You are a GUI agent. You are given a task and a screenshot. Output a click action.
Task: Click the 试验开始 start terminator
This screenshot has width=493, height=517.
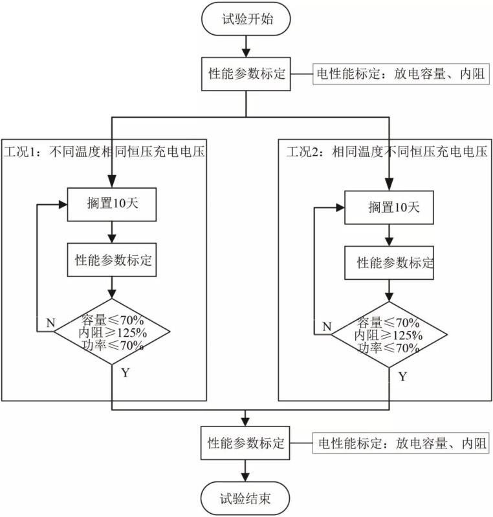click(x=246, y=19)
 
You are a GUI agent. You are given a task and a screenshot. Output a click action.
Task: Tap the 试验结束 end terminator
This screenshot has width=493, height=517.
click(x=246, y=498)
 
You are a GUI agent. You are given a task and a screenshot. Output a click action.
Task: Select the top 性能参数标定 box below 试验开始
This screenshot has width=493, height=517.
click(x=246, y=74)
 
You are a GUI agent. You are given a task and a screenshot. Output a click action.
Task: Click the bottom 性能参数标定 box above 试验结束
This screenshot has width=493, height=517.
click(x=246, y=444)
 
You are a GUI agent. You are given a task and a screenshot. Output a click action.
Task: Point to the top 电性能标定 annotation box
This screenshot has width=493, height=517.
click(x=401, y=74)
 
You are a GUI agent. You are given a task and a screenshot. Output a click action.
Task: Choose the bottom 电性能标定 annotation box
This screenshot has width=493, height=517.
click(x=401, y=444)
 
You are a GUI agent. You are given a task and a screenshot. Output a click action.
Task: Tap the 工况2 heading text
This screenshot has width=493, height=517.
click(x=386, y=153)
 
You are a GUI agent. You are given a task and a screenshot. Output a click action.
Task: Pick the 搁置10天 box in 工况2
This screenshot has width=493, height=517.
click(x=389, y=207)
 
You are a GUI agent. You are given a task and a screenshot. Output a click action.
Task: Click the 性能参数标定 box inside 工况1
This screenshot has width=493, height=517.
click(x=113, y=260)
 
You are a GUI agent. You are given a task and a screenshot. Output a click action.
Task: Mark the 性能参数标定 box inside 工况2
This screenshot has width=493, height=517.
click(x=389, y=263)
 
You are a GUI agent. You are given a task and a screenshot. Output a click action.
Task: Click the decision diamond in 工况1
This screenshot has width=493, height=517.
click(x=113, y=331)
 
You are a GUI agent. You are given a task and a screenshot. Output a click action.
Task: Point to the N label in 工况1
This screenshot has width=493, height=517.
click(x=50, y=322)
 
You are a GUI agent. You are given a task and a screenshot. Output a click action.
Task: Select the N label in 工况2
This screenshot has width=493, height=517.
click(x=327, y=326)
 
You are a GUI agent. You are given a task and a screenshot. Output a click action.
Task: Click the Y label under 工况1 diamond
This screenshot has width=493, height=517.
click(x=124, y=373)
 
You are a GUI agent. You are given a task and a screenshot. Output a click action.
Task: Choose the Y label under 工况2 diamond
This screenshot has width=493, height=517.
click(x=402, y=376)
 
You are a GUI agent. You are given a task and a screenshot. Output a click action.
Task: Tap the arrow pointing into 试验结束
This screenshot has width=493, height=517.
click(x=246, y=470)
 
